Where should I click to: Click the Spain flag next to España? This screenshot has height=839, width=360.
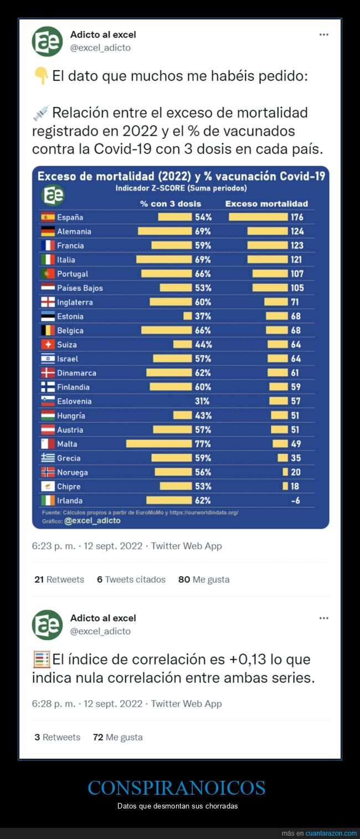click(48, 217)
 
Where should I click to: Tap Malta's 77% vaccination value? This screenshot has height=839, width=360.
click(203, 444)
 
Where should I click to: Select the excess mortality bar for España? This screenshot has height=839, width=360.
click(258, 217)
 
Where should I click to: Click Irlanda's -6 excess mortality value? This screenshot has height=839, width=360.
click(296, 500)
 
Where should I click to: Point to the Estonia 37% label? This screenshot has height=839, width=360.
click(203, 316)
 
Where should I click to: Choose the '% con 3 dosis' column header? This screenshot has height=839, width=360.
click(171, 204)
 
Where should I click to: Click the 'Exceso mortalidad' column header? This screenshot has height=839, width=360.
click(266, 204)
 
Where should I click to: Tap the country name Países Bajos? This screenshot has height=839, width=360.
click(80, 288)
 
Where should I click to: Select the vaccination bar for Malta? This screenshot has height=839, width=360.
click(158, 444)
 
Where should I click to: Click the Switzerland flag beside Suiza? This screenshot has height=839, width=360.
click(48, 344)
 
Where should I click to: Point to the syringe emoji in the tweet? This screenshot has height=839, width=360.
click(41, 113)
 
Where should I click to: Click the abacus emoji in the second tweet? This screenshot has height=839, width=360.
click(42, 660)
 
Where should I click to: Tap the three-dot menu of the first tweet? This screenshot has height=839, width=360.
click(324, 34)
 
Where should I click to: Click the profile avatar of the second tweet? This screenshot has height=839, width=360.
click(47, 625)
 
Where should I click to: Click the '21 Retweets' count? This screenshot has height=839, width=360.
click(59, 579)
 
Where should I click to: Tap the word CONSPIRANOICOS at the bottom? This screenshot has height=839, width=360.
click(177, 787)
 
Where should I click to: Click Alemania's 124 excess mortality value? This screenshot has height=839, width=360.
click(297, 231)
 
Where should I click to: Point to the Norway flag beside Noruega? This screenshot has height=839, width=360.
click(48, 472)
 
